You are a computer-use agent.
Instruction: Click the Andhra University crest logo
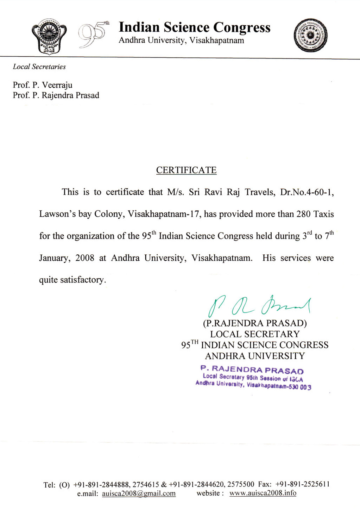[49, 36]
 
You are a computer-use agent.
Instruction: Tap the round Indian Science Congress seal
[310, 35]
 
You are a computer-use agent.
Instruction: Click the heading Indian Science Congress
[194, 27]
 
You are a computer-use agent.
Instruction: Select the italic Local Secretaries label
[39, 67]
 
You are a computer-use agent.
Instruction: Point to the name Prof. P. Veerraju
[43, 85]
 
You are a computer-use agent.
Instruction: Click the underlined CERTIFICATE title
[186, 170]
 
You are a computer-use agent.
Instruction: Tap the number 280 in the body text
[303, 214]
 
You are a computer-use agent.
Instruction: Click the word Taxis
[323, 214]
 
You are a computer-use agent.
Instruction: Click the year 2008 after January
[85, 258]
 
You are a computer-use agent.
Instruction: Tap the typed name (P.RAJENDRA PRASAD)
[255, 323]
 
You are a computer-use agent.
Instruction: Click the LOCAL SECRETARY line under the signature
[255, 334]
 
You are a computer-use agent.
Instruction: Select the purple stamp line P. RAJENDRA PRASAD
[252, 370]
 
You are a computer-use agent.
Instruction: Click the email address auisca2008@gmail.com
[139, 494]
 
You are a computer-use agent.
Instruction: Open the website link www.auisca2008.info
[263, 493]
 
